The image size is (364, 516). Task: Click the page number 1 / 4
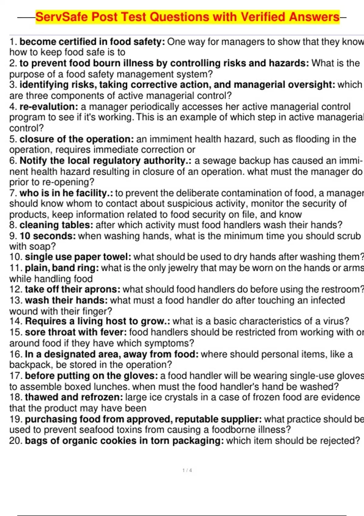(x=187, y=470)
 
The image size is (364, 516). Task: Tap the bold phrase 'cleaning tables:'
(x=56, y=225)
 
